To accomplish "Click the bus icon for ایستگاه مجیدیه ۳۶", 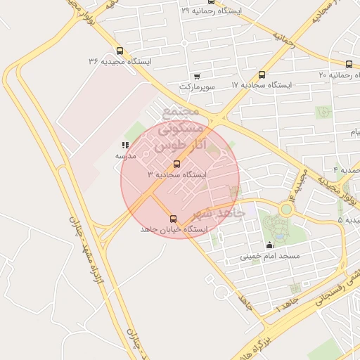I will pos(120,51).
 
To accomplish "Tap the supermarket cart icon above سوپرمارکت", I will pos(196,76).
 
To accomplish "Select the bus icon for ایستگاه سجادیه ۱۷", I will pos(262,75).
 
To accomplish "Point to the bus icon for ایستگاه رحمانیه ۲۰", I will pos(349,64).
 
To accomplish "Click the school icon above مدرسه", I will pos(125,145).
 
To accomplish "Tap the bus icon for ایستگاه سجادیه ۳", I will pos(176,164).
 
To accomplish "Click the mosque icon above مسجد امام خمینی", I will pos(270,245).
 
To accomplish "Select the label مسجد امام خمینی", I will pos(270,256).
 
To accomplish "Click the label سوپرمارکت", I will pos(196,86).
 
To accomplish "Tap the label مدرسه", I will pos(126,155).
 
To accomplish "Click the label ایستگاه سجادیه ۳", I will pos(176,174).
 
